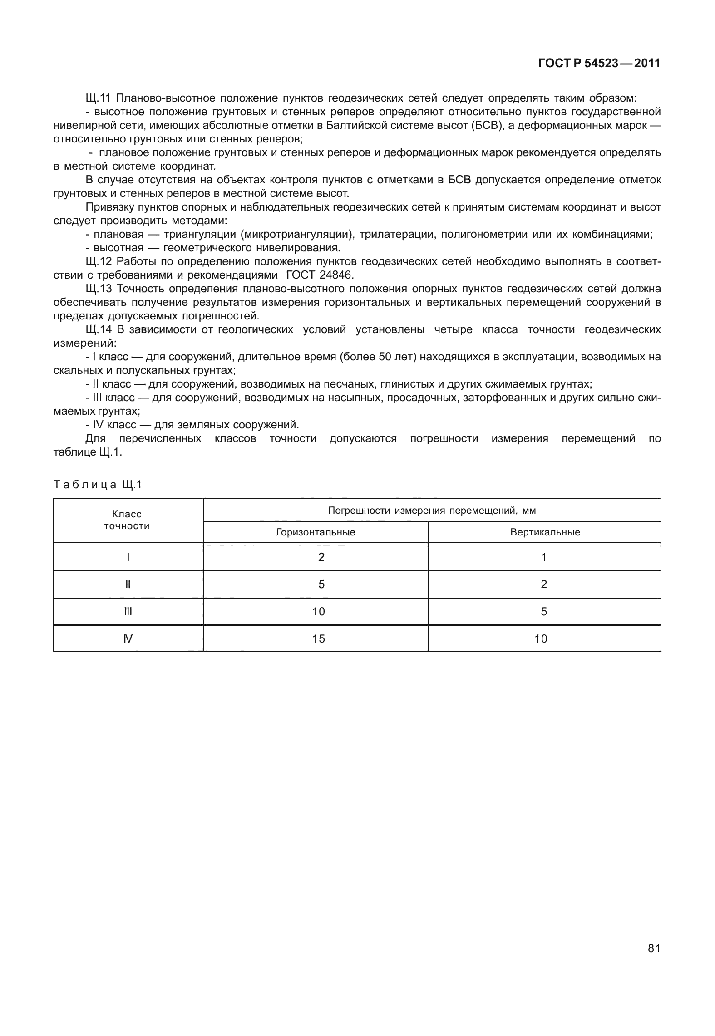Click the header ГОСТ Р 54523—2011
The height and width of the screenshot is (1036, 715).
click(599, 64)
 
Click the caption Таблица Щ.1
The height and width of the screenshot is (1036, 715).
click(98, 485)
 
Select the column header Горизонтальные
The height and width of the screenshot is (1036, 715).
click(316, 532)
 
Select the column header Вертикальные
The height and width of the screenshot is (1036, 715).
click(545, 532)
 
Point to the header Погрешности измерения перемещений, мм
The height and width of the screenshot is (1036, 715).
click(431, 511)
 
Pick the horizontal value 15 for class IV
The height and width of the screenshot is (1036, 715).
click(319, 639)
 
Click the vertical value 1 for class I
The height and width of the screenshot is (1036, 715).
click(544, 557)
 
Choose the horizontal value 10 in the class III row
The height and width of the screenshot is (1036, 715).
click(319, 612)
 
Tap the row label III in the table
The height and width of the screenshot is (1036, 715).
click(128, 612)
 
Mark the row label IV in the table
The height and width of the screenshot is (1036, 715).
click(128, 639)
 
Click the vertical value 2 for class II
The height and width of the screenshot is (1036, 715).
click(544, 584)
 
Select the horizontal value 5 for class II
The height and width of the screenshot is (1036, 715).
click(321, 584)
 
